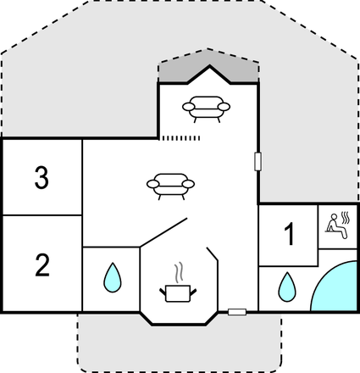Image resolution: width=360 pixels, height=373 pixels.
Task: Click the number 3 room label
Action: pos(42,177)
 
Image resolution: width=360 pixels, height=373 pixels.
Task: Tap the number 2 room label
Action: pos(42,264)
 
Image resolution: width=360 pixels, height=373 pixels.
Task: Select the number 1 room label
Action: pos(289,234)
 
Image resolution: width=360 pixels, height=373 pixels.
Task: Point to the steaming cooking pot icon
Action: pos(178,293)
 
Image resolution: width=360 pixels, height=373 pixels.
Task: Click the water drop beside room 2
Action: pos(113,277)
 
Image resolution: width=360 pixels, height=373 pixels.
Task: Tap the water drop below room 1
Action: pos(287,287)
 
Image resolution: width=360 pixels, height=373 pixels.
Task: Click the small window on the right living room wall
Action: pos(258,161)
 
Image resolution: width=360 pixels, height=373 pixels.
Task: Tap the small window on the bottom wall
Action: pos(237,312)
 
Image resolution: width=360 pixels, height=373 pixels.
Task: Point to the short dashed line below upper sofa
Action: pos(181,138)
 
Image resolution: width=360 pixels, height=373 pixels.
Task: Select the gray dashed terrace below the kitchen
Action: pos(180,348)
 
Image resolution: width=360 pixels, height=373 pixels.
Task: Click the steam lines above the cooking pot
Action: pos(179,273)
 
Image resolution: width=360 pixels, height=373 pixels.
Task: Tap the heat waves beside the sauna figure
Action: pos(346,218)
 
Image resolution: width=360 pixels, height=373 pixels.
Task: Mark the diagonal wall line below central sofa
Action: pos(163,232)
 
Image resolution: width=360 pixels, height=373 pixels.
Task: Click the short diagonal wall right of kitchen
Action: pos(213,254)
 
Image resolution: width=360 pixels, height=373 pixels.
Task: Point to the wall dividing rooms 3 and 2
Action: pos(42,215)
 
